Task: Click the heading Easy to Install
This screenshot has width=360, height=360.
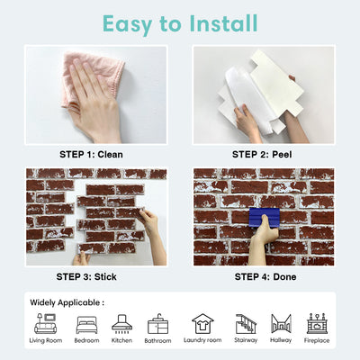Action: click(180, 22)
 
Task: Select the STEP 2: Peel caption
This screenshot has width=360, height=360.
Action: click(263, 155)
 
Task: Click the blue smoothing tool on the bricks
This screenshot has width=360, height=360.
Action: click(263, 219)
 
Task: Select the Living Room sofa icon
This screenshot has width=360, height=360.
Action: click(45, 322)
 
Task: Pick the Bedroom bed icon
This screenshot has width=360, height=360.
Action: click(86, 322)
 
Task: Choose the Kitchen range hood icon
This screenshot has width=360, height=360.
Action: click(121, 322)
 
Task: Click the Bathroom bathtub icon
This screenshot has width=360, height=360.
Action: click(157, 322)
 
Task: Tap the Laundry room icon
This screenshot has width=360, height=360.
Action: click(202, 322)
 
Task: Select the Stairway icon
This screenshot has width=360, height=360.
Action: click(246, 322)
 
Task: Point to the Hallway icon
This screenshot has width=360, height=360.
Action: click(281, 322)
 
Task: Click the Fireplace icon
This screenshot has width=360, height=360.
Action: click(317, 322)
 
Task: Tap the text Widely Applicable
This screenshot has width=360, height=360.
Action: click(67, 302)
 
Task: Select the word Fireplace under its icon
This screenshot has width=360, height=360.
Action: click(317, 341)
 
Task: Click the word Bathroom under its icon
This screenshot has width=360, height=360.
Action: click(157, 341)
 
